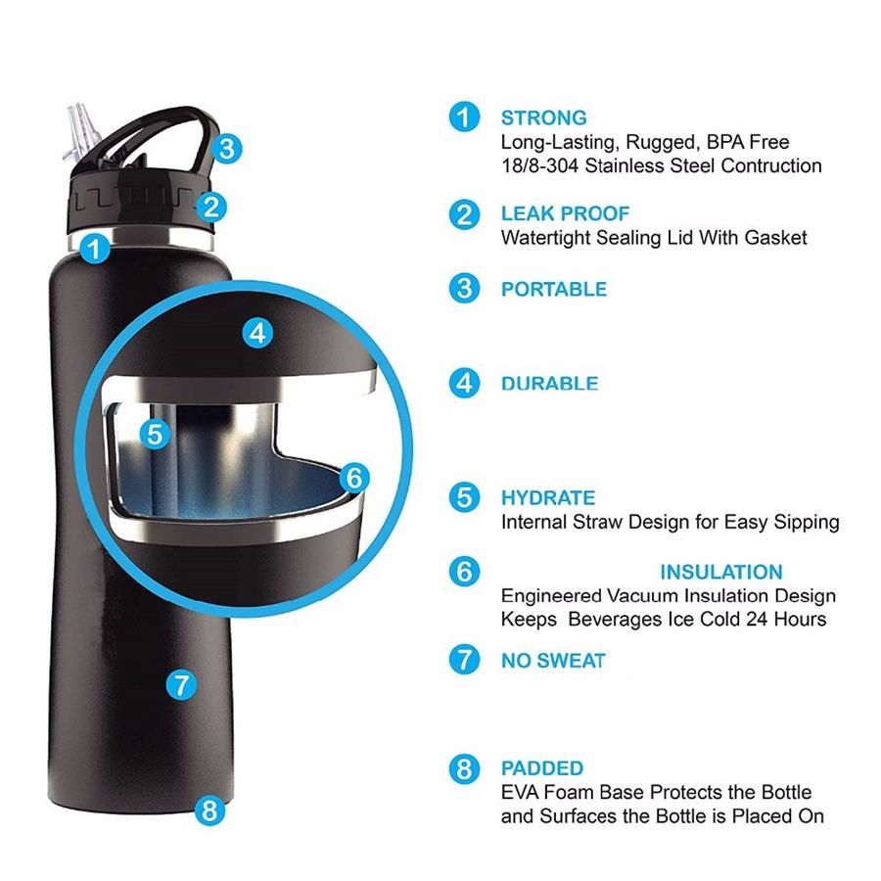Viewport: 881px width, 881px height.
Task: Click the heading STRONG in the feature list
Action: [x=543, y=118]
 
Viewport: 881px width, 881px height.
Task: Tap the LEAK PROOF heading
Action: [x=565, y=213]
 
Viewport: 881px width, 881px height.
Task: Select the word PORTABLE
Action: [x=554, y=290]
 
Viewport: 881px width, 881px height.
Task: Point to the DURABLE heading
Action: [x=549, y=384]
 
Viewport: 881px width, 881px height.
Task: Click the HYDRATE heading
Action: [x=548, y=498]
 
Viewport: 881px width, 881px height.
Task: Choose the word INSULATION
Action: [x=721, y=572]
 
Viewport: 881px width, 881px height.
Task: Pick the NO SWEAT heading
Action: [x=553, y=661]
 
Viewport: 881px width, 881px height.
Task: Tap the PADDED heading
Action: [x=542, y=768]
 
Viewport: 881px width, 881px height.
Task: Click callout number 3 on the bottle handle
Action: [x=227, y=150]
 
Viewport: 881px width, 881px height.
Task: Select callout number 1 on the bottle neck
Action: [x=95, y=249]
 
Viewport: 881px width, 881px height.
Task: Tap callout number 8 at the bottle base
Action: [x=209, y=811]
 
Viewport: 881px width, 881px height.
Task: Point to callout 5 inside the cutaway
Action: [x=155, y=435]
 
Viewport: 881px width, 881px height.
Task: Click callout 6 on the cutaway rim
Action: [x=354, y=478]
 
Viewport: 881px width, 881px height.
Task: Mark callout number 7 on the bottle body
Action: [x=181, y=685]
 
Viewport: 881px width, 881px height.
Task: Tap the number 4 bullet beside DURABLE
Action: [x=464, y=384]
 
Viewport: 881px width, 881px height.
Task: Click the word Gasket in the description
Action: [x=775, y=238]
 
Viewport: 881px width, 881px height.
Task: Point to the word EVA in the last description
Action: [x=521, y=792]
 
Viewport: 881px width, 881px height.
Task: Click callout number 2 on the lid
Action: [x=211, y=208]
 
